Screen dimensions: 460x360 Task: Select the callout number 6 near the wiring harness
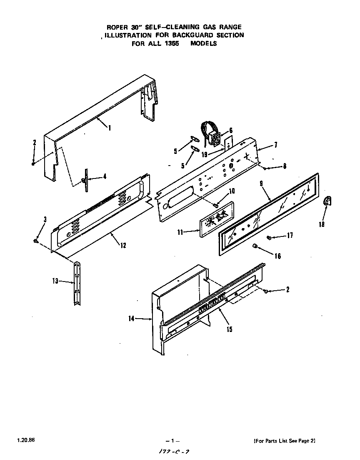point(231,130)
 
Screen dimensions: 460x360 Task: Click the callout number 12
point(123,245)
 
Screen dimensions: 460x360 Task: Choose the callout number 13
point(55,281)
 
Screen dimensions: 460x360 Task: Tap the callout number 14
point(132,319)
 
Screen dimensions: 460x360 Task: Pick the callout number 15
point(229,329)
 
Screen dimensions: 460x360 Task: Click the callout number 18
point(321,224)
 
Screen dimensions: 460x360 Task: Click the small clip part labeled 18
point(327,202)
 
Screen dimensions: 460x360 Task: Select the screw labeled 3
point(36,240)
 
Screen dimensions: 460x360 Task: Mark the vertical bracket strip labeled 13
point(77,282)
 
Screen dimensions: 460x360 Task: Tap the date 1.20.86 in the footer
point(26,440)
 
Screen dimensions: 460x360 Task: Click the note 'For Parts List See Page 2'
point(288,441)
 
